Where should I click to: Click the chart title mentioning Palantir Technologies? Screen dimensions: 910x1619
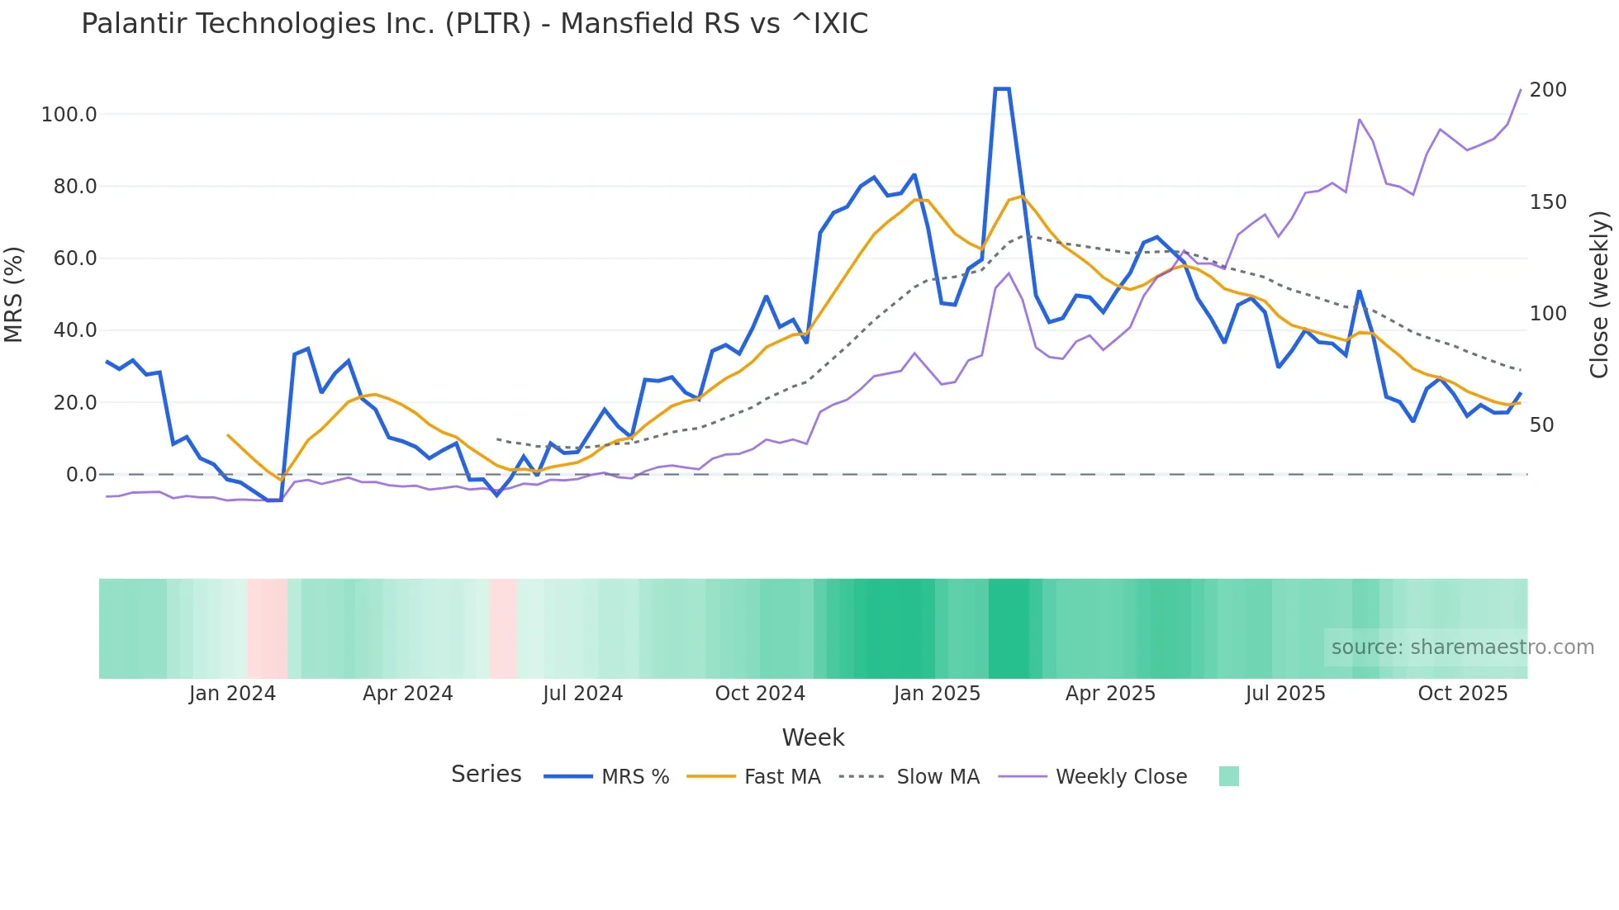pos(474,24)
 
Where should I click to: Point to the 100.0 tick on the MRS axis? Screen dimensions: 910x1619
pos(69,115)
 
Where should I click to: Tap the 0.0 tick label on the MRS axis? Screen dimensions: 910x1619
pos(81,475)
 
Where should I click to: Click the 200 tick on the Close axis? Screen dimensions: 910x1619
pos(1548,90)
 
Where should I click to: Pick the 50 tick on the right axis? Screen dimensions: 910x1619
pos(1541,425)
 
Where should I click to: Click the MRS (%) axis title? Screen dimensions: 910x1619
pos(14,294)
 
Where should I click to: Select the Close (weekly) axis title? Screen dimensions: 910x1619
pos(1599,295)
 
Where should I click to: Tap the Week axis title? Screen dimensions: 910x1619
pos(813,737)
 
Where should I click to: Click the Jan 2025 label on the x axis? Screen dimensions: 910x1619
pos(937,694)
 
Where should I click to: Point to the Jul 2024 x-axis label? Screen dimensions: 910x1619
pos(582,694)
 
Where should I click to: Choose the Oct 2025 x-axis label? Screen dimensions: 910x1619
pos(1462,694)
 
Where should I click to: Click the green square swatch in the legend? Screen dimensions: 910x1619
pos(1228,776)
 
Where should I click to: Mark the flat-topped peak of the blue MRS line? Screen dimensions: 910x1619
pos(1002,88)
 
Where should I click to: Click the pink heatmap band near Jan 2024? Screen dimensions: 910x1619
pos(267,628)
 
